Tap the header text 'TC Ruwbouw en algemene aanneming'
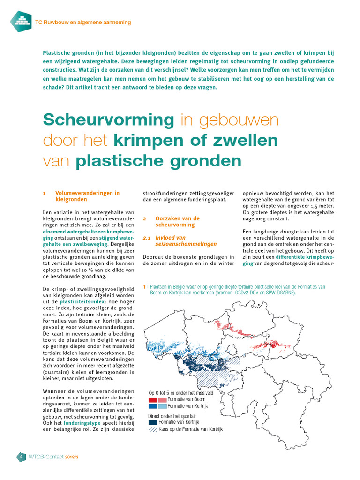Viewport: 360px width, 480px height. (x=83, y=22)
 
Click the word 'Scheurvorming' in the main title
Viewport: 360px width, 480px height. (x=108, y=120)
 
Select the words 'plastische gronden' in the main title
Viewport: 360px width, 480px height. (x=158, y=161)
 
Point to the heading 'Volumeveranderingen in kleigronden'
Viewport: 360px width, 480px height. (x=87, y=196)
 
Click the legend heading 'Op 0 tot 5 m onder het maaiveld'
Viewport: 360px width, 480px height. (x=181, y=392)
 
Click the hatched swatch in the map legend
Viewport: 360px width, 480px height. (x=153, y=429)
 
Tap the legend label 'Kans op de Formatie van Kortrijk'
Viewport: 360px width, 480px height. (x=190, y=429)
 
